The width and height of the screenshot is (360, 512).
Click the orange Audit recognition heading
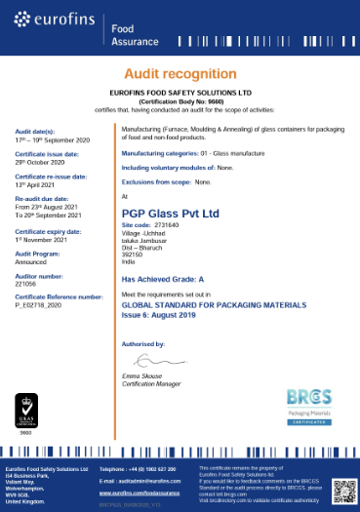coord(180,74)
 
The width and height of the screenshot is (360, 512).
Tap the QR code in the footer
coord(341,488)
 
